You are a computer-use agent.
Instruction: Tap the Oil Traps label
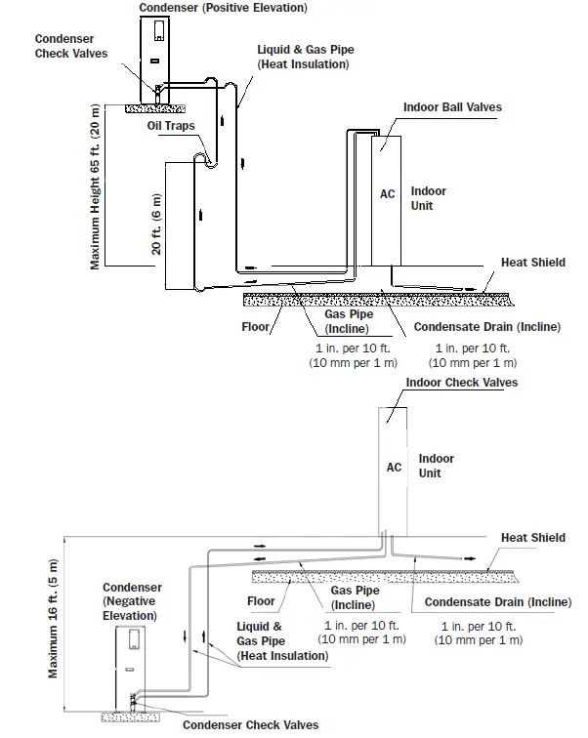(x=171, y=127)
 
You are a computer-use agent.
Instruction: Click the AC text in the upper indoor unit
(x=388, y=194)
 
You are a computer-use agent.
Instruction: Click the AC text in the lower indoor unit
(x=394, y=468)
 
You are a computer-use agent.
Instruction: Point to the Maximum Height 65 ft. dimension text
(x=97, y=185)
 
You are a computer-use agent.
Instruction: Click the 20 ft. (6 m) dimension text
(x=156, y=225)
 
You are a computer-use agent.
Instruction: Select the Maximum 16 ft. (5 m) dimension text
(x=53, y=620)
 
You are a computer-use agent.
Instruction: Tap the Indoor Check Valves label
(x=461, y=383)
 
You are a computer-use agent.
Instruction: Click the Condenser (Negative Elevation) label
(x=132, y=601)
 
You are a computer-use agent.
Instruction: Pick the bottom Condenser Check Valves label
(x=250, y=725)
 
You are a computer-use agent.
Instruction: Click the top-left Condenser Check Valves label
(x=70, y=46)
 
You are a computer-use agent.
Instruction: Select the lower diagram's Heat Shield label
(x=533, y=538)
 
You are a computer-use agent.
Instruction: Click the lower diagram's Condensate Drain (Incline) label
(x=497, y=603)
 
